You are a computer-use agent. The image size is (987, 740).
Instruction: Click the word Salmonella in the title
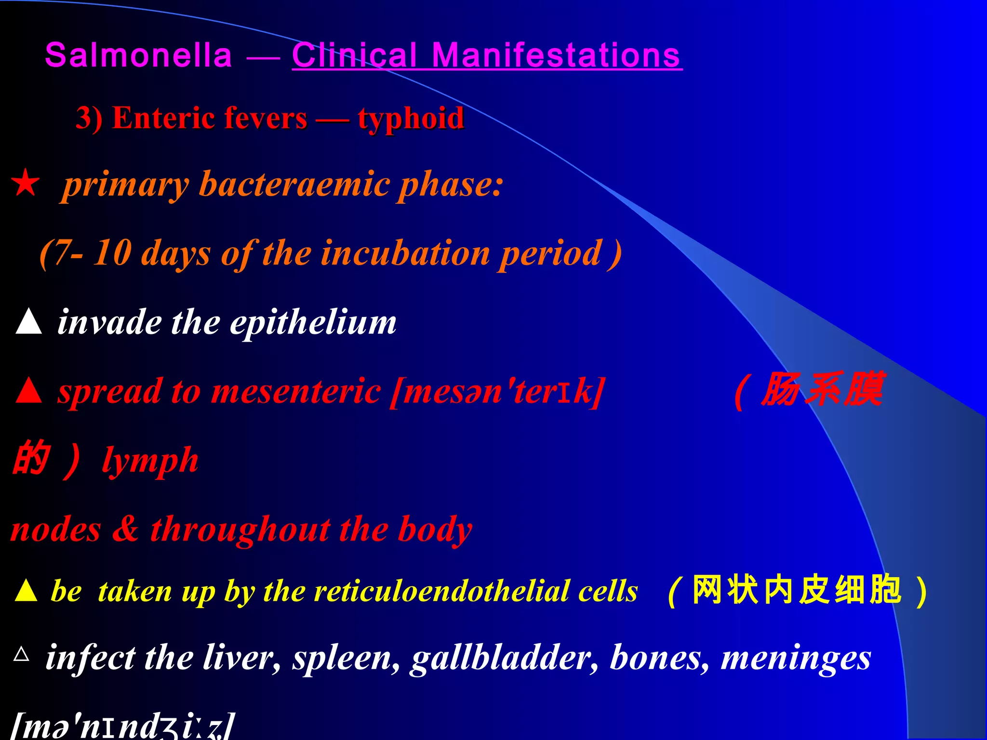coord(139,55)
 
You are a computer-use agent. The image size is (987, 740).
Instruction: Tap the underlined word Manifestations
coord(556,55)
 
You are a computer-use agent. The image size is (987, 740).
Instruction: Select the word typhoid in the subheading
coord(411,119)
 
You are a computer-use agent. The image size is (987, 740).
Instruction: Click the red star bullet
coord(26,183)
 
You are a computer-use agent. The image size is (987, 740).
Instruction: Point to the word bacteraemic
coord(294,185)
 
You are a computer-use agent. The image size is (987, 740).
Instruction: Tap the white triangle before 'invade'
coord(28,321)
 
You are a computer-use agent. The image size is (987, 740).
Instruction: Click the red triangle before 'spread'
coord(28,390)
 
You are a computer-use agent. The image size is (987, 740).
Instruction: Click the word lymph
coord(150,461)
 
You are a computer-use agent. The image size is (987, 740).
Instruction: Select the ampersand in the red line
coord(125,529)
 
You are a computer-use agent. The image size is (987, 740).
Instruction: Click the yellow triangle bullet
coord(26,591)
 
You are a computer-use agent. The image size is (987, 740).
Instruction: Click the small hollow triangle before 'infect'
coord(22,654)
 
